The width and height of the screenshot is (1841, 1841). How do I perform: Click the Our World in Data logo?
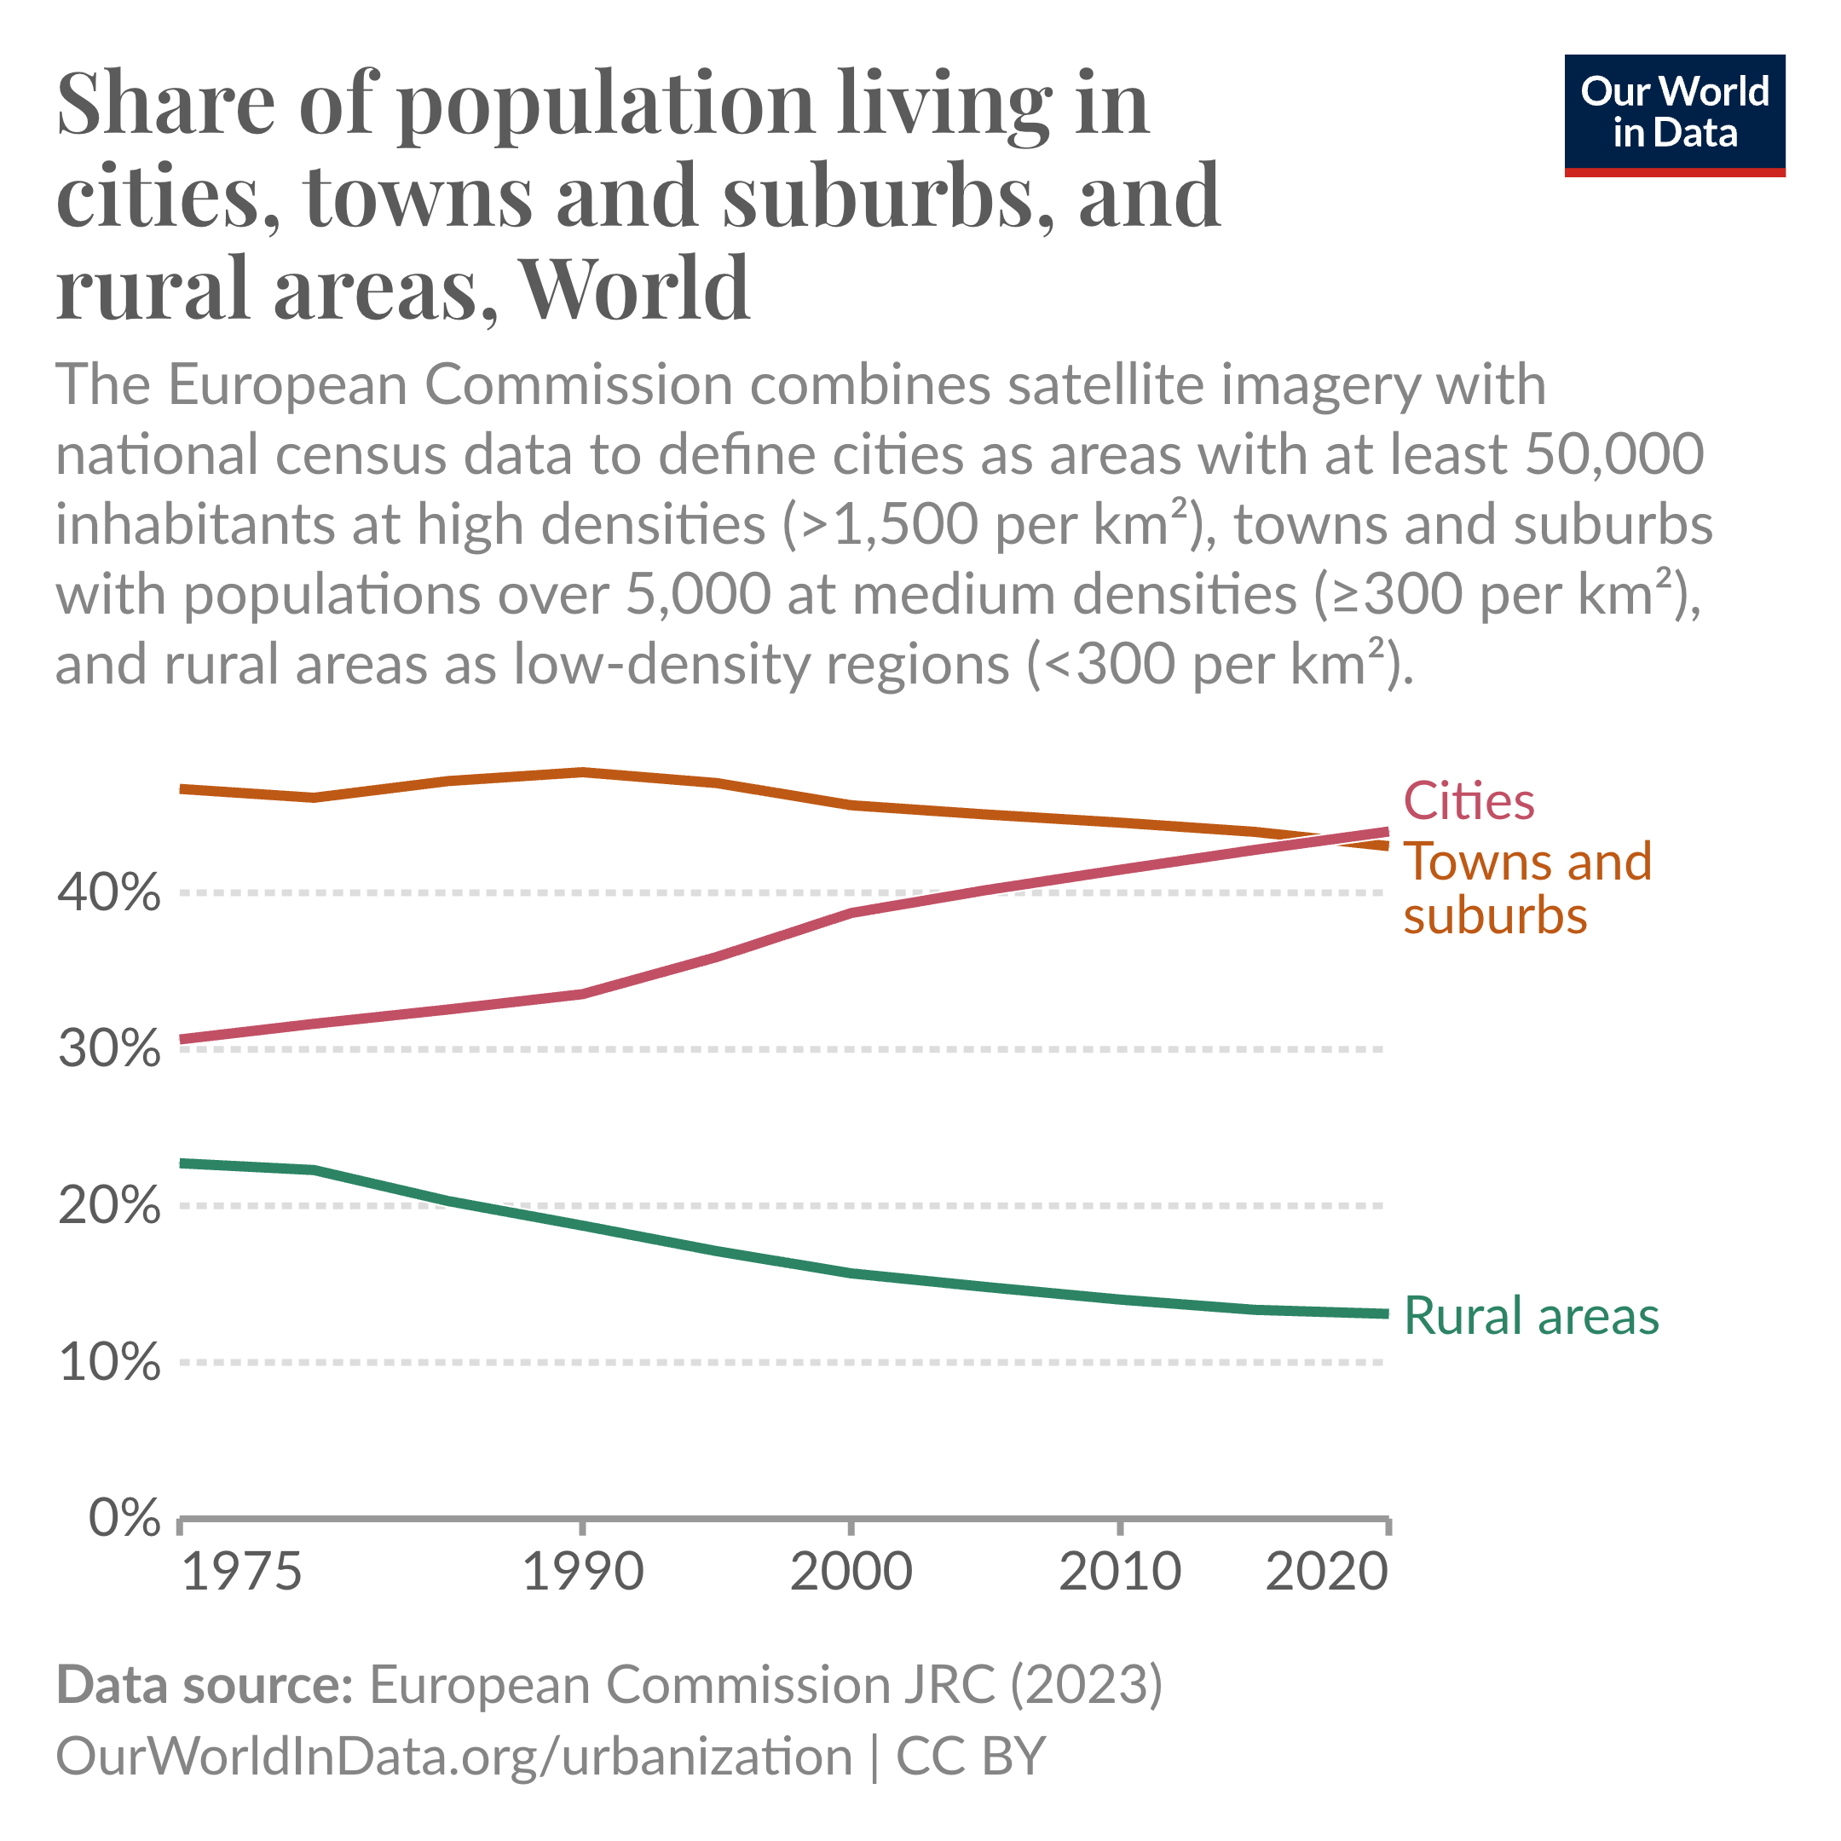[1674, 115]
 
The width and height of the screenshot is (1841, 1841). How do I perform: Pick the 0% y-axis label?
[124, 1518]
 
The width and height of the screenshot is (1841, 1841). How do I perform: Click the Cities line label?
[1469, 801]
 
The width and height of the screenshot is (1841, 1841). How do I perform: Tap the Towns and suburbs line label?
[1526, 888]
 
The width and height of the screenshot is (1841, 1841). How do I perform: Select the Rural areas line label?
[1532, 1316]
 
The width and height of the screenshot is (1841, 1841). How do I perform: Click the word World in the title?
[635, 288]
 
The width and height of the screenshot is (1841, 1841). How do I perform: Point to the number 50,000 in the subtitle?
[1614, 454]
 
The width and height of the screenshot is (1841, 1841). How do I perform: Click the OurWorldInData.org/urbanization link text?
[453, 1755]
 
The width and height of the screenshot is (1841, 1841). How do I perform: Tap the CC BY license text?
[970, 1755]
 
